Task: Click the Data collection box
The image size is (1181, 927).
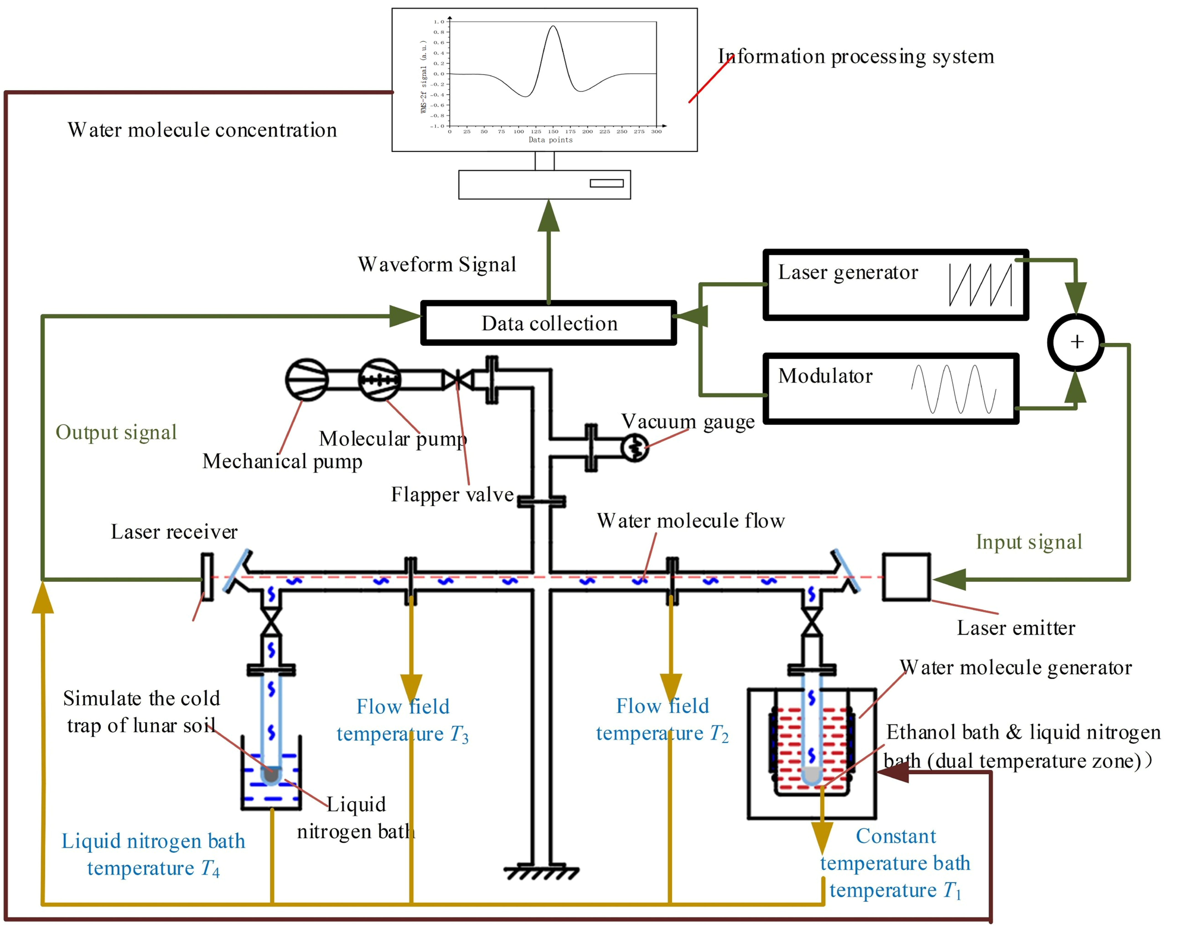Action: pos(549,323)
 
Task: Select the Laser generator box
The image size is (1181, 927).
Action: pos(895,285)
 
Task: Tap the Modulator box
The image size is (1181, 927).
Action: pos(891,389)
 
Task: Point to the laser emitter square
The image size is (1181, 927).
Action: pos(906,577)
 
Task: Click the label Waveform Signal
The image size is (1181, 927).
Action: pos(437,264)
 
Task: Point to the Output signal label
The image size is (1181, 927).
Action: pos(116,432)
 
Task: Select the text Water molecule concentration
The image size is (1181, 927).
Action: pos(202,130)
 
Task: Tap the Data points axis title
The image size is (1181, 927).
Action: pos(550,140)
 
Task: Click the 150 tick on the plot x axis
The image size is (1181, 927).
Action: pos(553,131)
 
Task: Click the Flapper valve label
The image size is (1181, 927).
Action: pos(452,494)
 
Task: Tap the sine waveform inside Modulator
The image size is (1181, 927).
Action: pos(953,389)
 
